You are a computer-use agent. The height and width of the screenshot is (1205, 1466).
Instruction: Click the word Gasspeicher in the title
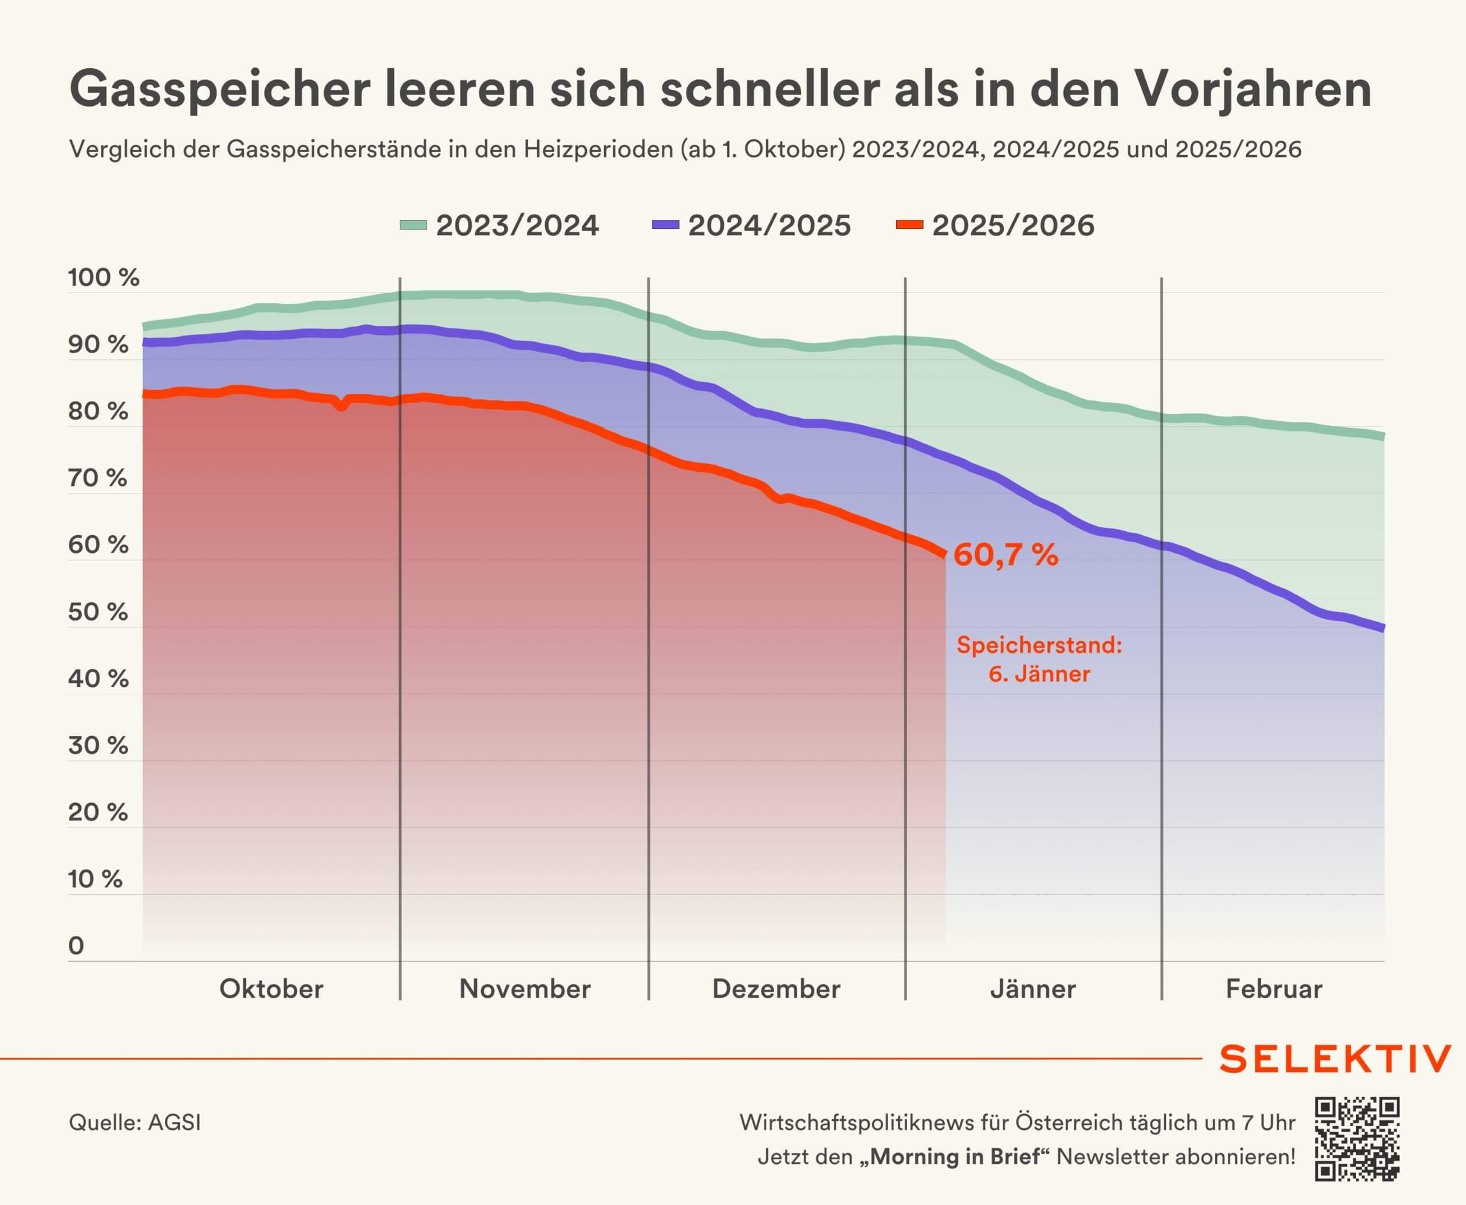[x=219, y=90]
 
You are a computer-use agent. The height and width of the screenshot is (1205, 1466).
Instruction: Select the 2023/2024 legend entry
[x=500, y=226]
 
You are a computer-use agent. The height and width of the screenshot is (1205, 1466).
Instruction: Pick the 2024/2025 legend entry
[x=752, y=226]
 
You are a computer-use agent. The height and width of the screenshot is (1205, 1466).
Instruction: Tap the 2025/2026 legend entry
[x=996, y=226]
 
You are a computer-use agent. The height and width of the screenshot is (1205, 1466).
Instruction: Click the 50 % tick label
[x=98, y=612]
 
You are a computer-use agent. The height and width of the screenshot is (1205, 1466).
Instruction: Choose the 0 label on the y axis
[x=76, y=946]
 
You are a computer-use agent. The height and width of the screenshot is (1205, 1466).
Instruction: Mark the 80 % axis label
[x=98, y=412]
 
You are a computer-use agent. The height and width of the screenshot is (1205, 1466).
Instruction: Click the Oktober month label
[x=271, y=989]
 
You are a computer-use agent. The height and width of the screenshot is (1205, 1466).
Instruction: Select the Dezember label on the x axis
[x=777, y=989]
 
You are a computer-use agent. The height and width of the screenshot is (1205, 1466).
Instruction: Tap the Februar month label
[x=1274, y=989]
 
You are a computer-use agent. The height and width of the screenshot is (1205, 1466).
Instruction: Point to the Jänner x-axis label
[x=1032, y=989]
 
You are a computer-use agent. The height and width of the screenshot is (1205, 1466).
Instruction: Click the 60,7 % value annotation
[x=1006, y=555]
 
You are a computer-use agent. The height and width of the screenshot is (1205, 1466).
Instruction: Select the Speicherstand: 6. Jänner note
[x=1039, y=659]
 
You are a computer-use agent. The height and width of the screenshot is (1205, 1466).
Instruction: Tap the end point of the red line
[x=944, y=554]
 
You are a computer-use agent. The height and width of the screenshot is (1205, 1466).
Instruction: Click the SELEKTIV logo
[x=1335, y=1059]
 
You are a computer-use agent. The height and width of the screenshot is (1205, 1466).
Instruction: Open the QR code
[x=1357, y=1139]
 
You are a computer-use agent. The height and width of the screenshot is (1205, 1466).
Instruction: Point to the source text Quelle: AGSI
[x=135, y=1123]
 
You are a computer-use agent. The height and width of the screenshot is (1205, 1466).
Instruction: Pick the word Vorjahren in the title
[x=1253, y=90]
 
